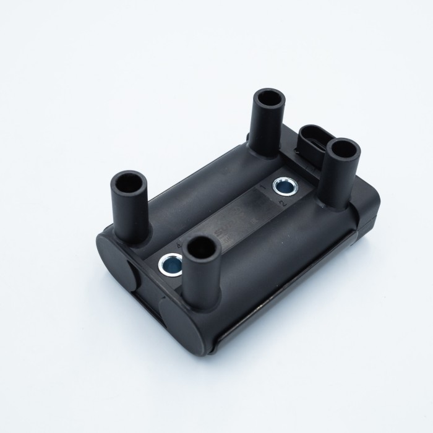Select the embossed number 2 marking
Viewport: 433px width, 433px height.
[x=283, y=202]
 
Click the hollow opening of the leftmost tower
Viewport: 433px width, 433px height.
[x=129, y=184]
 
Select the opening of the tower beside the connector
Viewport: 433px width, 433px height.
[x=343, y=149]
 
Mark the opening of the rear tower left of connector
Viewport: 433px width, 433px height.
[x=269, y=99]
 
